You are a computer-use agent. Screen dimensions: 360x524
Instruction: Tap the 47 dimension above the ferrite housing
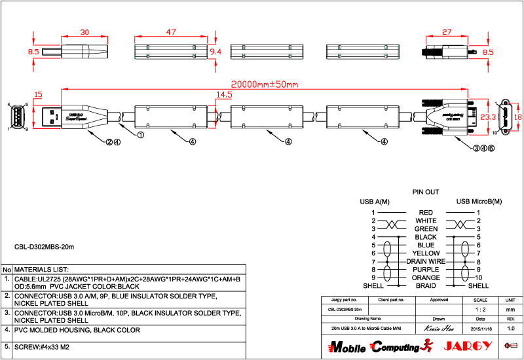[171, 31]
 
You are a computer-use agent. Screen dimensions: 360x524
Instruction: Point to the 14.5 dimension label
[224, 95]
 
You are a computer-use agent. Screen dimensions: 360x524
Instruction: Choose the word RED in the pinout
[426, 213]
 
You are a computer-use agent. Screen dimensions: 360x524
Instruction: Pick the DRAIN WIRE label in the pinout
[426, 261]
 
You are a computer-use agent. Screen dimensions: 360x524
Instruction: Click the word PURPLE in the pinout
[426, 270]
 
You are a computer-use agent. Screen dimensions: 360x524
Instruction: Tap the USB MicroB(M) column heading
[479, 202]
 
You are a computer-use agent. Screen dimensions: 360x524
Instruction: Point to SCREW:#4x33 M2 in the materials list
[42, 346]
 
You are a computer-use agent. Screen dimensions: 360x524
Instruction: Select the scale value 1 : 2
[484, 309]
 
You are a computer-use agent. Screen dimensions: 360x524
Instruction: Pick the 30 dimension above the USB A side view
[84, 31]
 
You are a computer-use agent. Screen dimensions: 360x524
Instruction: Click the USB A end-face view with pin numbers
[17, 117]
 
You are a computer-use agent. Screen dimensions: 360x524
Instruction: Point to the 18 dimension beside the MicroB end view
[517, 117]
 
